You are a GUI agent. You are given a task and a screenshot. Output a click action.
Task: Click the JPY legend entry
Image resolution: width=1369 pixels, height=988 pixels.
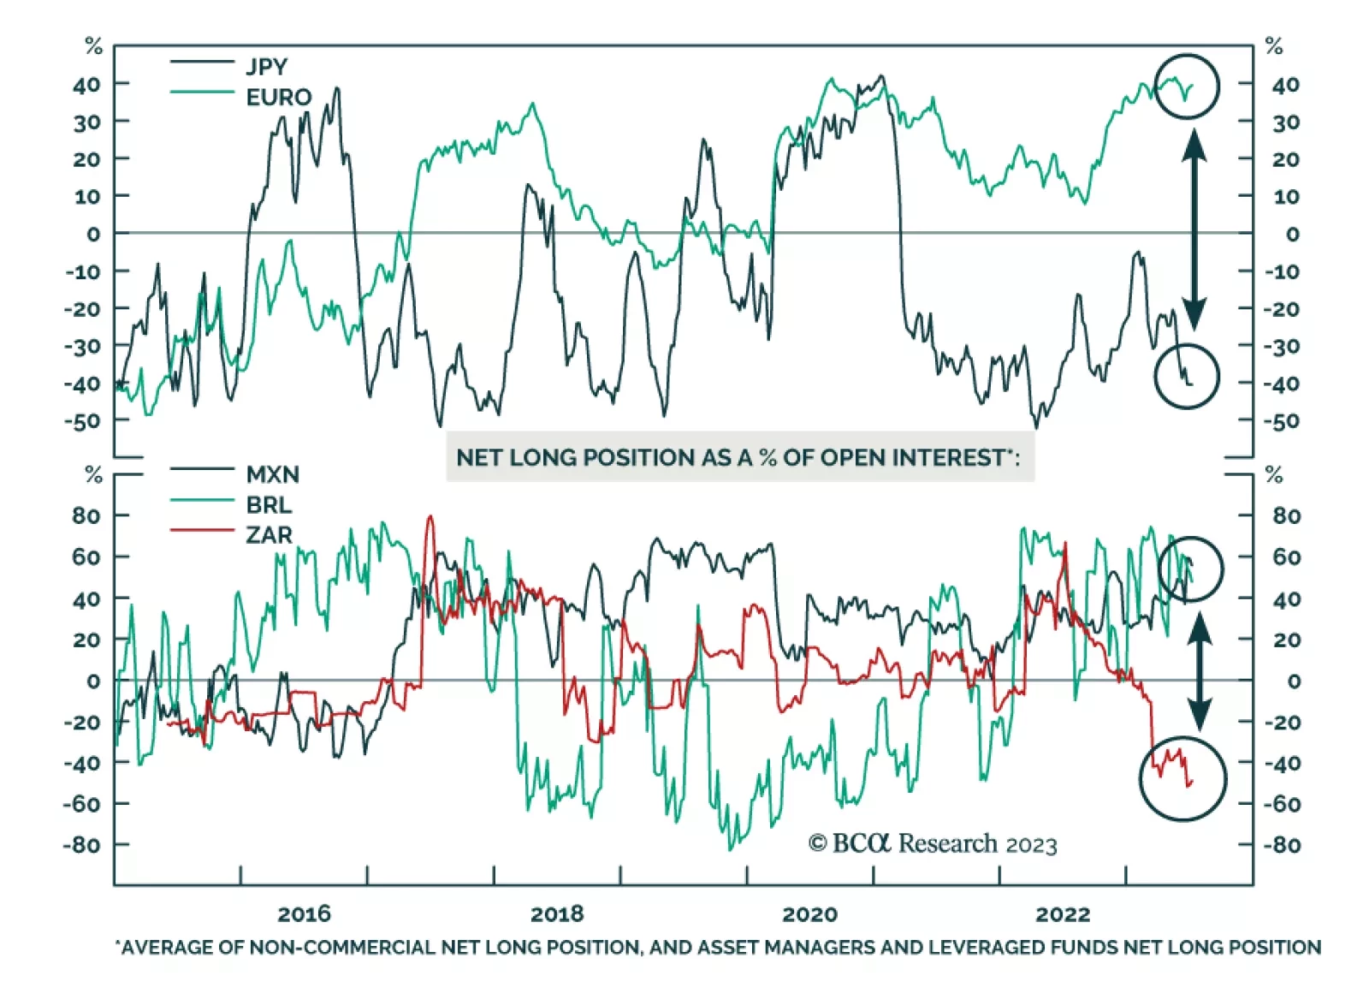[266, 66]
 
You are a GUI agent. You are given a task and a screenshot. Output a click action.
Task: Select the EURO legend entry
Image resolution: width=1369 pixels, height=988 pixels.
[278, 97]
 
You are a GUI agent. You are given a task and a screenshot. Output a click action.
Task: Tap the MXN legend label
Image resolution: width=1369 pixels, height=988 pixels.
[272, 473]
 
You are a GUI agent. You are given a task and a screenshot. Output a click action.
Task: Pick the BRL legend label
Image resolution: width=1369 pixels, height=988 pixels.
[269, 504]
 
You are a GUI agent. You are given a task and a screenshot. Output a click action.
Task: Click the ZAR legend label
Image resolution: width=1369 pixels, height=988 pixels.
[269, 535]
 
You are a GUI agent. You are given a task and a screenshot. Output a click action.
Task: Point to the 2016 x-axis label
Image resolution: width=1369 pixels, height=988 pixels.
[304, 914]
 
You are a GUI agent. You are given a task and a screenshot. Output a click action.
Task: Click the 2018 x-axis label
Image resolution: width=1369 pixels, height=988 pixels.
[557, 914]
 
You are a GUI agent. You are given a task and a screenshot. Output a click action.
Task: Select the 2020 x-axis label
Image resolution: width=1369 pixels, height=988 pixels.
[809, 914]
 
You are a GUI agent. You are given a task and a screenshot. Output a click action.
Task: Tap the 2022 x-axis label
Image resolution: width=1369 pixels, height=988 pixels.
[1063, 914]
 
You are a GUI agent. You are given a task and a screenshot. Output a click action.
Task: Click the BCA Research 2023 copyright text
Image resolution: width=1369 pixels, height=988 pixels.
[933, 844]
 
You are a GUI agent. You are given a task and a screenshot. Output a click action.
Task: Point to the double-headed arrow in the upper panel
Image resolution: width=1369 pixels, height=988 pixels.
[1194, 229]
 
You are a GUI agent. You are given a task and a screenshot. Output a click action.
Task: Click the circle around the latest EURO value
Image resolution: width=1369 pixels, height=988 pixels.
[1186, 86]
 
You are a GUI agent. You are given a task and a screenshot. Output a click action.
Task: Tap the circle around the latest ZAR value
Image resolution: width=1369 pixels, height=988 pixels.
[1183, 777]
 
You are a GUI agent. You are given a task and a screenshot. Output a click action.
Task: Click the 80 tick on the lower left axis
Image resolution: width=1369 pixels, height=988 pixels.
[86, 515]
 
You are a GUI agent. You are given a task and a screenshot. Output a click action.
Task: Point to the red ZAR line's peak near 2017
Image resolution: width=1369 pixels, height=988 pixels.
[430, 517]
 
